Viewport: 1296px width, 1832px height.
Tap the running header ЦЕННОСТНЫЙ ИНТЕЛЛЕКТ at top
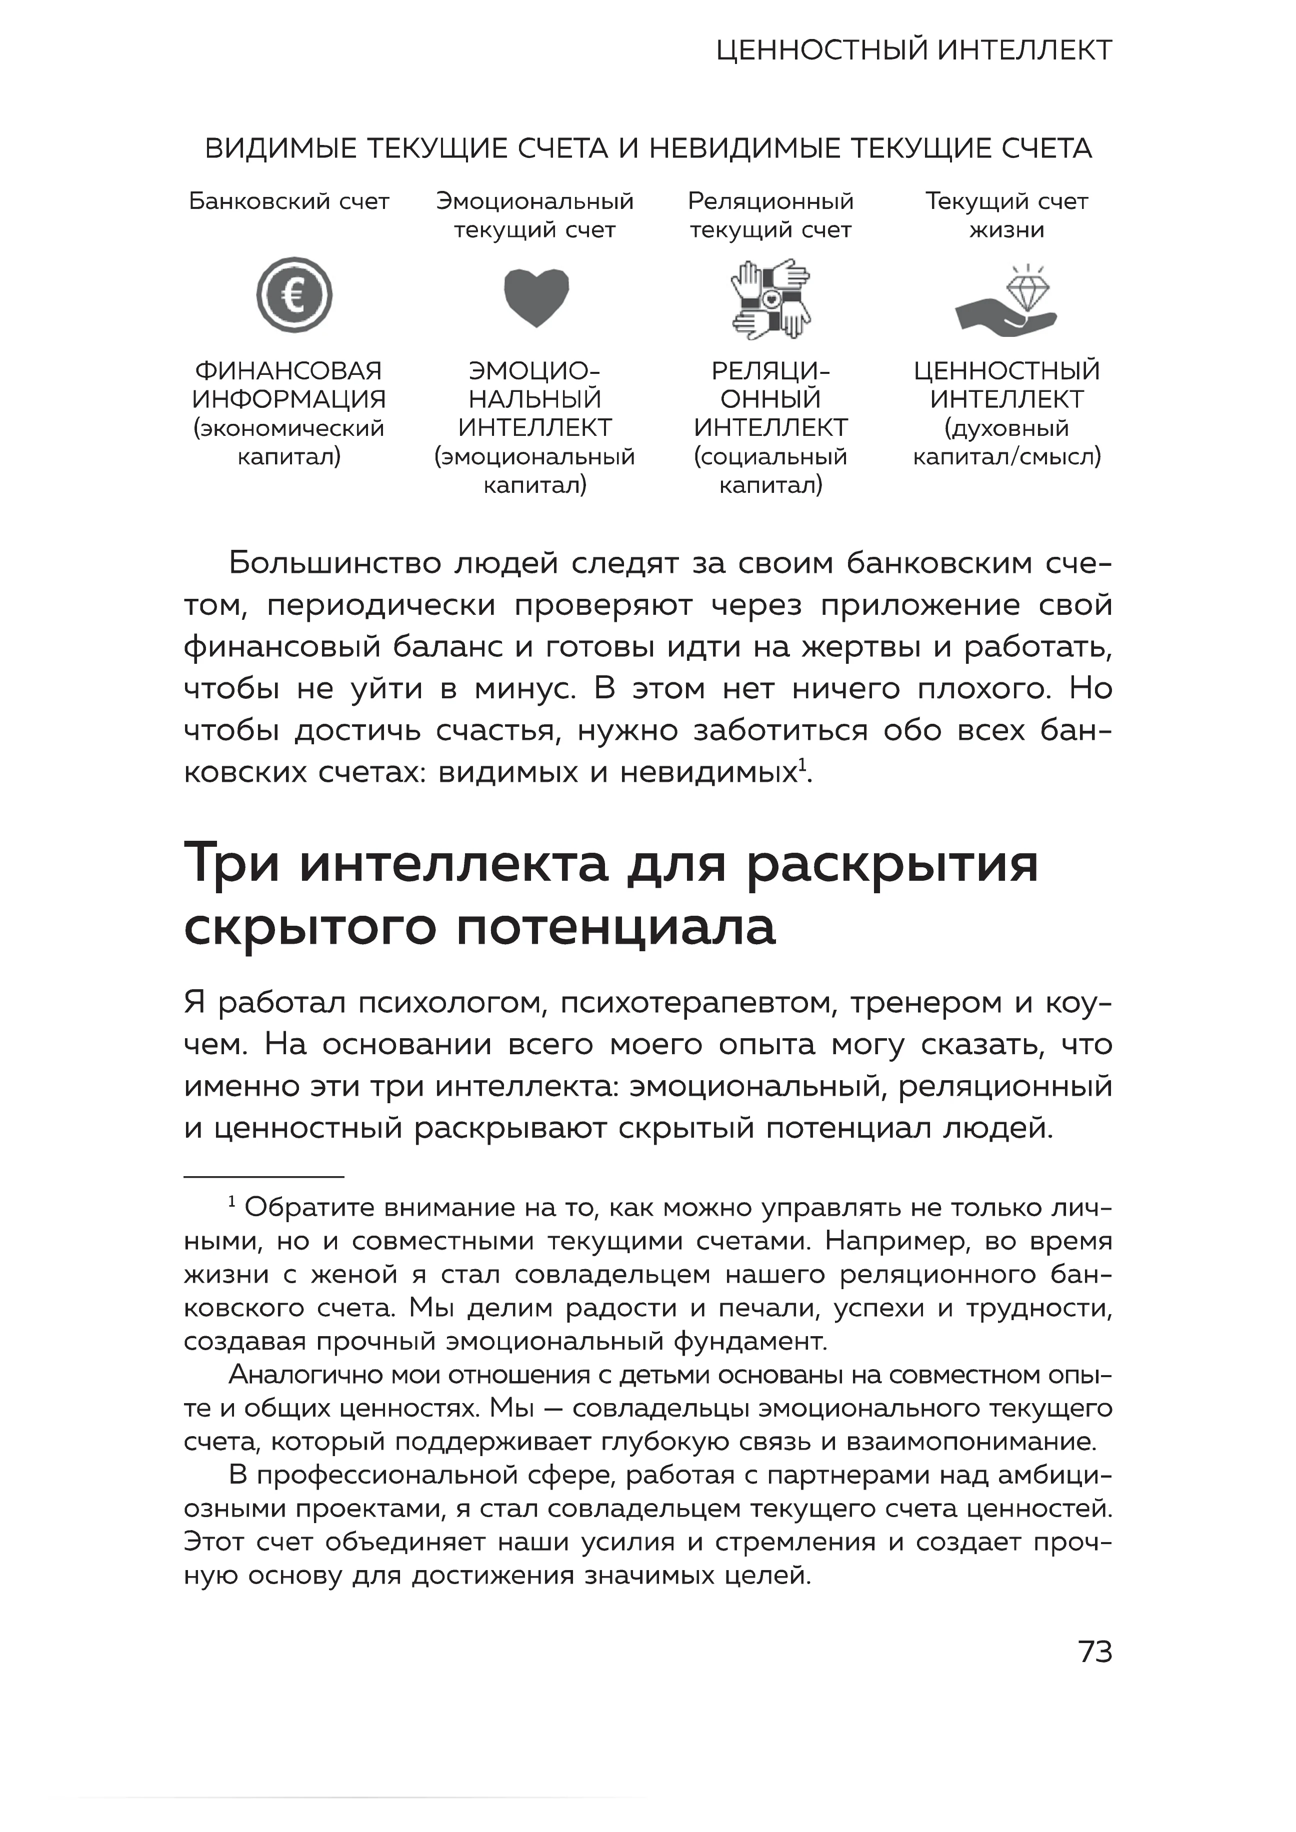tap(913, 51)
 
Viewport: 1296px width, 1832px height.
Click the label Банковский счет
tap(289, 202)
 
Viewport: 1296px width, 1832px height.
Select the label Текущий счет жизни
tap(1006, 215)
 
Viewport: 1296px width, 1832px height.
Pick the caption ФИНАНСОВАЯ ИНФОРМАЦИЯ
tap(289, 384)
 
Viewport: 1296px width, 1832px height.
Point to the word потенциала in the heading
tap(615, 927)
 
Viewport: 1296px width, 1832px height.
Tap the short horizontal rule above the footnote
tap(263, 1177)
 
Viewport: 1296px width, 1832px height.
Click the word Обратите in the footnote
tap(309, 1208)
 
